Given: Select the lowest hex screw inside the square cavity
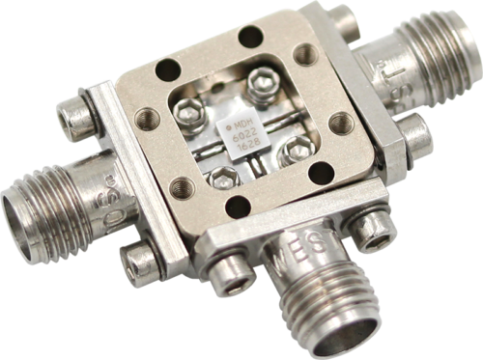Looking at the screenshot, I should coord(221,177).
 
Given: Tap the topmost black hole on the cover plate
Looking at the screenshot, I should coord(251,37).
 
